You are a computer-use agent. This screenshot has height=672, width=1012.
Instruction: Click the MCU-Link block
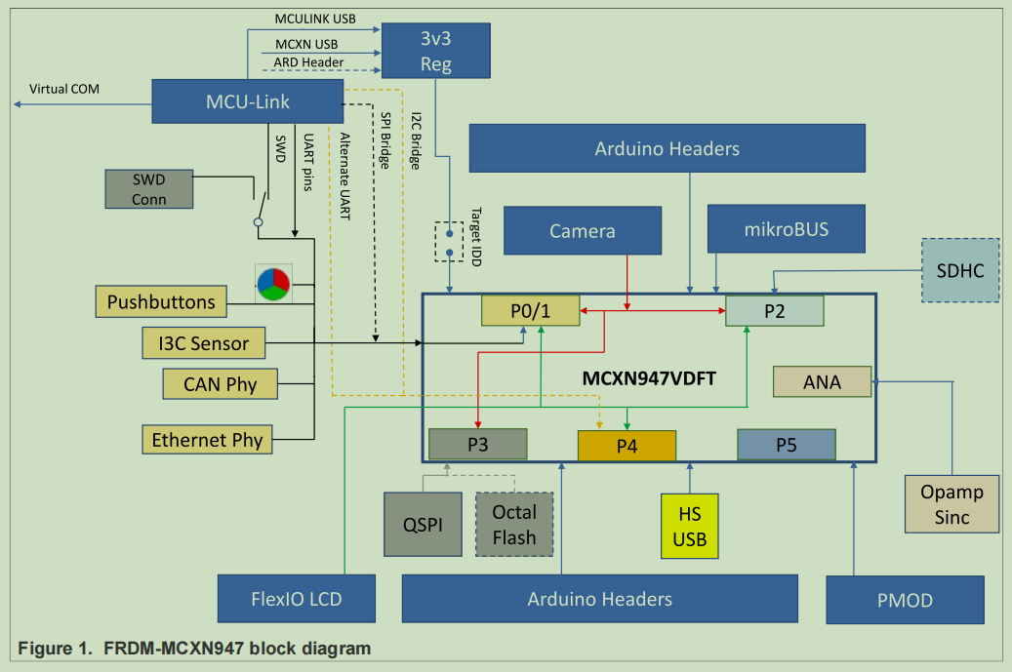pyautogui.click(x=248, y=102)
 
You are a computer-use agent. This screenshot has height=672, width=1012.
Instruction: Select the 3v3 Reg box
pyautogui.click(x=435, y=51)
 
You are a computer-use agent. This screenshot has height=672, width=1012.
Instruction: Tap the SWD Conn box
pyautogui.click(x=149, y=189)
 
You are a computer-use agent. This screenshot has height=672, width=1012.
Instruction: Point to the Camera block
pyautogui.click(x=582, y=231)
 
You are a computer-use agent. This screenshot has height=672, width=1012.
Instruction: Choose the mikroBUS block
pyautogui.click(x=787, y=229)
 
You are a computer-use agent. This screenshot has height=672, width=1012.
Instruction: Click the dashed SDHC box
pyautogui.click(x=960, y=269)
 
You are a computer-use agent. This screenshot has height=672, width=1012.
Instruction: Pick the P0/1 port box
pyautogui.click(x=531, y=310)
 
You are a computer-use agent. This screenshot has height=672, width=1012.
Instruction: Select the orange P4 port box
pyautogui.click(x=627, y=445)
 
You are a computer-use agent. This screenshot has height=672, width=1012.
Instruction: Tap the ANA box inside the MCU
pyautogui.click(x=822, y=381)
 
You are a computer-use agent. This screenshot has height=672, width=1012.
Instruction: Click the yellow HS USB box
pyautogui.click(x=689, y=526)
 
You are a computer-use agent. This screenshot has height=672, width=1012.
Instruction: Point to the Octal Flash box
pyautogui.click(x=514, y=524)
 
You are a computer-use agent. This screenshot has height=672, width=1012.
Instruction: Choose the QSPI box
pyautogui.click(x=422, y=524)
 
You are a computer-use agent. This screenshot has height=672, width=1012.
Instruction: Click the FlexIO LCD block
pyautogui.click(x=297, y=598)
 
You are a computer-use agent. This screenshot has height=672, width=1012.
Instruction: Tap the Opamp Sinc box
pyautogui.click(x=951, y=503)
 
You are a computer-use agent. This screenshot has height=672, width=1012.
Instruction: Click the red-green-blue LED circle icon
pyautogui.click(x=272, y=284)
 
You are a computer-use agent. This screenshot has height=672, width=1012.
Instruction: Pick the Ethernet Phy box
pyautogui.click(x=207, y=440)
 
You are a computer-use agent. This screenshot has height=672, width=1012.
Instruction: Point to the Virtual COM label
pyautogui.click(x=64, y=89)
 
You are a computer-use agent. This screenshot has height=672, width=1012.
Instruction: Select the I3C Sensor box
pyautogui.click(x=203, y=342)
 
